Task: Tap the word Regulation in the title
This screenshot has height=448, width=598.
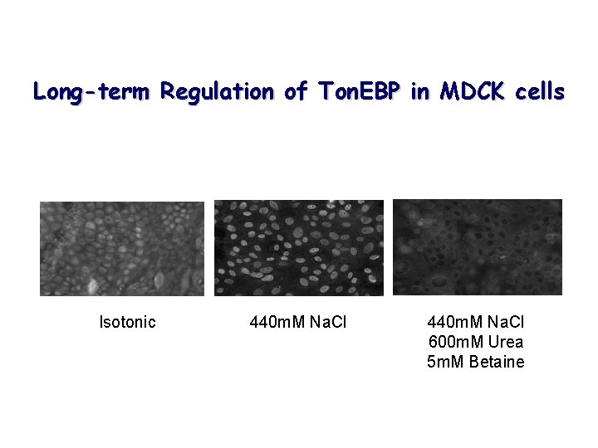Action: pos(218,92)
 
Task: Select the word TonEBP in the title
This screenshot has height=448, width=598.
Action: pos(359,92)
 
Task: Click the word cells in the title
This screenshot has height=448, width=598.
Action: pos(539,92)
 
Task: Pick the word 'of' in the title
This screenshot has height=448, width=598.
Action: pos(296,92)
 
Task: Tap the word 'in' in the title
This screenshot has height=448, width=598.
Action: pos(420,92)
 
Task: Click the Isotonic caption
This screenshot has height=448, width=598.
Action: pos(127,322)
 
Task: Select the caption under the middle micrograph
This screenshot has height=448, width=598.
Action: pos(298,322)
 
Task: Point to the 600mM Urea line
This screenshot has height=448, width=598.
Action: pos(476,342)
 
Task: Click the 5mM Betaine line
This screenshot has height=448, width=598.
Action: pos(476,362)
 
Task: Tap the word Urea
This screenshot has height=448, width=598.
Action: pos(505,342)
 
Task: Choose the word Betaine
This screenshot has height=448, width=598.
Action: pos(497,362)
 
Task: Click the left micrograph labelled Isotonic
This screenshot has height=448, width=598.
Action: pos(122,248)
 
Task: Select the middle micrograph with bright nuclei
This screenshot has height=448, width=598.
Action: pos(299,247)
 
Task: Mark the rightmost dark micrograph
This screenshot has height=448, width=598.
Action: pos(478,247)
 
